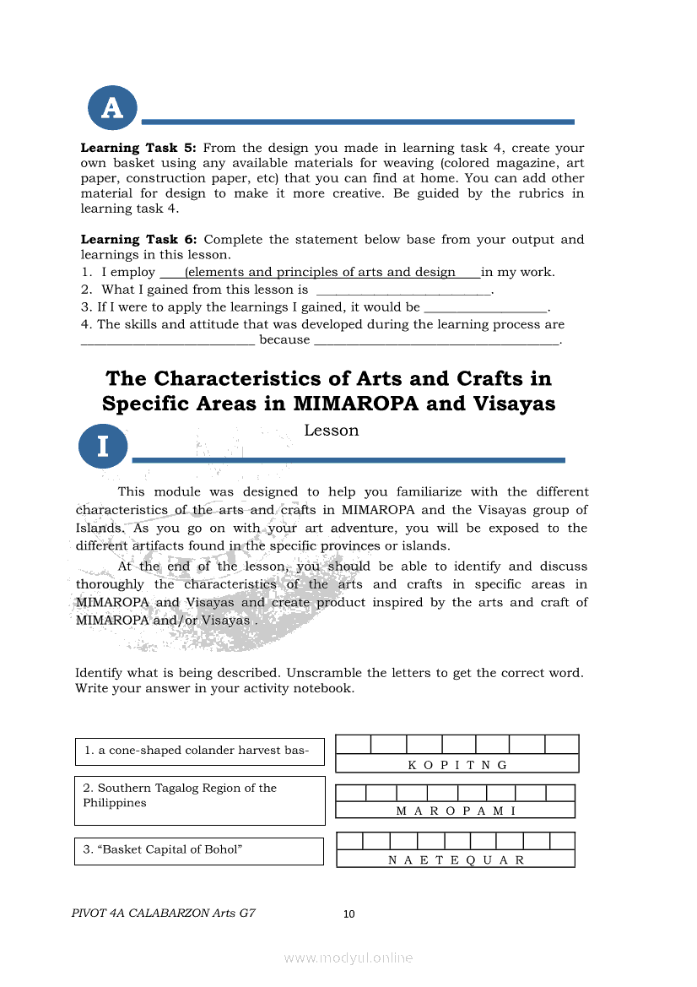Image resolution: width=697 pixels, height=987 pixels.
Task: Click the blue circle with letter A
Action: click(x=112, y=108)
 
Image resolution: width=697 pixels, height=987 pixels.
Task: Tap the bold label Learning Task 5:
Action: click(x=138, y=148)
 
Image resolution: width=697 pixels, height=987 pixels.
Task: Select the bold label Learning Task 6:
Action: click(x=138, y=240)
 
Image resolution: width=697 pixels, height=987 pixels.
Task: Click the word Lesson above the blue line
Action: click(x=332, y=431)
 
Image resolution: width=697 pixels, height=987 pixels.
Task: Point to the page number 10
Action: click(x=349, y=914)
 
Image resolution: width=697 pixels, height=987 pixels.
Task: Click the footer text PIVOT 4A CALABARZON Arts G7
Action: click(x=164, y=913)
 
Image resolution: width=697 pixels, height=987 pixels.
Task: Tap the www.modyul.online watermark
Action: click(x=348, y=957)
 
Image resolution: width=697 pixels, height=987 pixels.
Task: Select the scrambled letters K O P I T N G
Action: click(x=457, y=765)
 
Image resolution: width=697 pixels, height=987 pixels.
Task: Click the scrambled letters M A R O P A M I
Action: click(x=456, y=811)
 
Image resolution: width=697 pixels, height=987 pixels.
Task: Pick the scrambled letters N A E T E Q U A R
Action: click(x=456, y=860)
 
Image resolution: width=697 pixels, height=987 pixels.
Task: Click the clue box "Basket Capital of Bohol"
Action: click(x=199, y=850)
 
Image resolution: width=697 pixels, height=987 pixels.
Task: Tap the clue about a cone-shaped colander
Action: click(x=199, y=751)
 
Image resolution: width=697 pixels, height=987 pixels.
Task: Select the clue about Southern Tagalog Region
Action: click(x=199, y=800)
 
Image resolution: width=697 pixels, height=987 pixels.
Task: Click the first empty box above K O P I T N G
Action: click(x=353, y=744)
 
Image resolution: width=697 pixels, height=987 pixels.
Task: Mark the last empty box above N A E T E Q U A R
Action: click(x=562, y=841)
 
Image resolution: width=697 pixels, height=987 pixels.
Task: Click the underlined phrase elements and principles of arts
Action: click(x=320, y=272)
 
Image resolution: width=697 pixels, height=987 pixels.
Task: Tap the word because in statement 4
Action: click(x=284, y=339)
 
